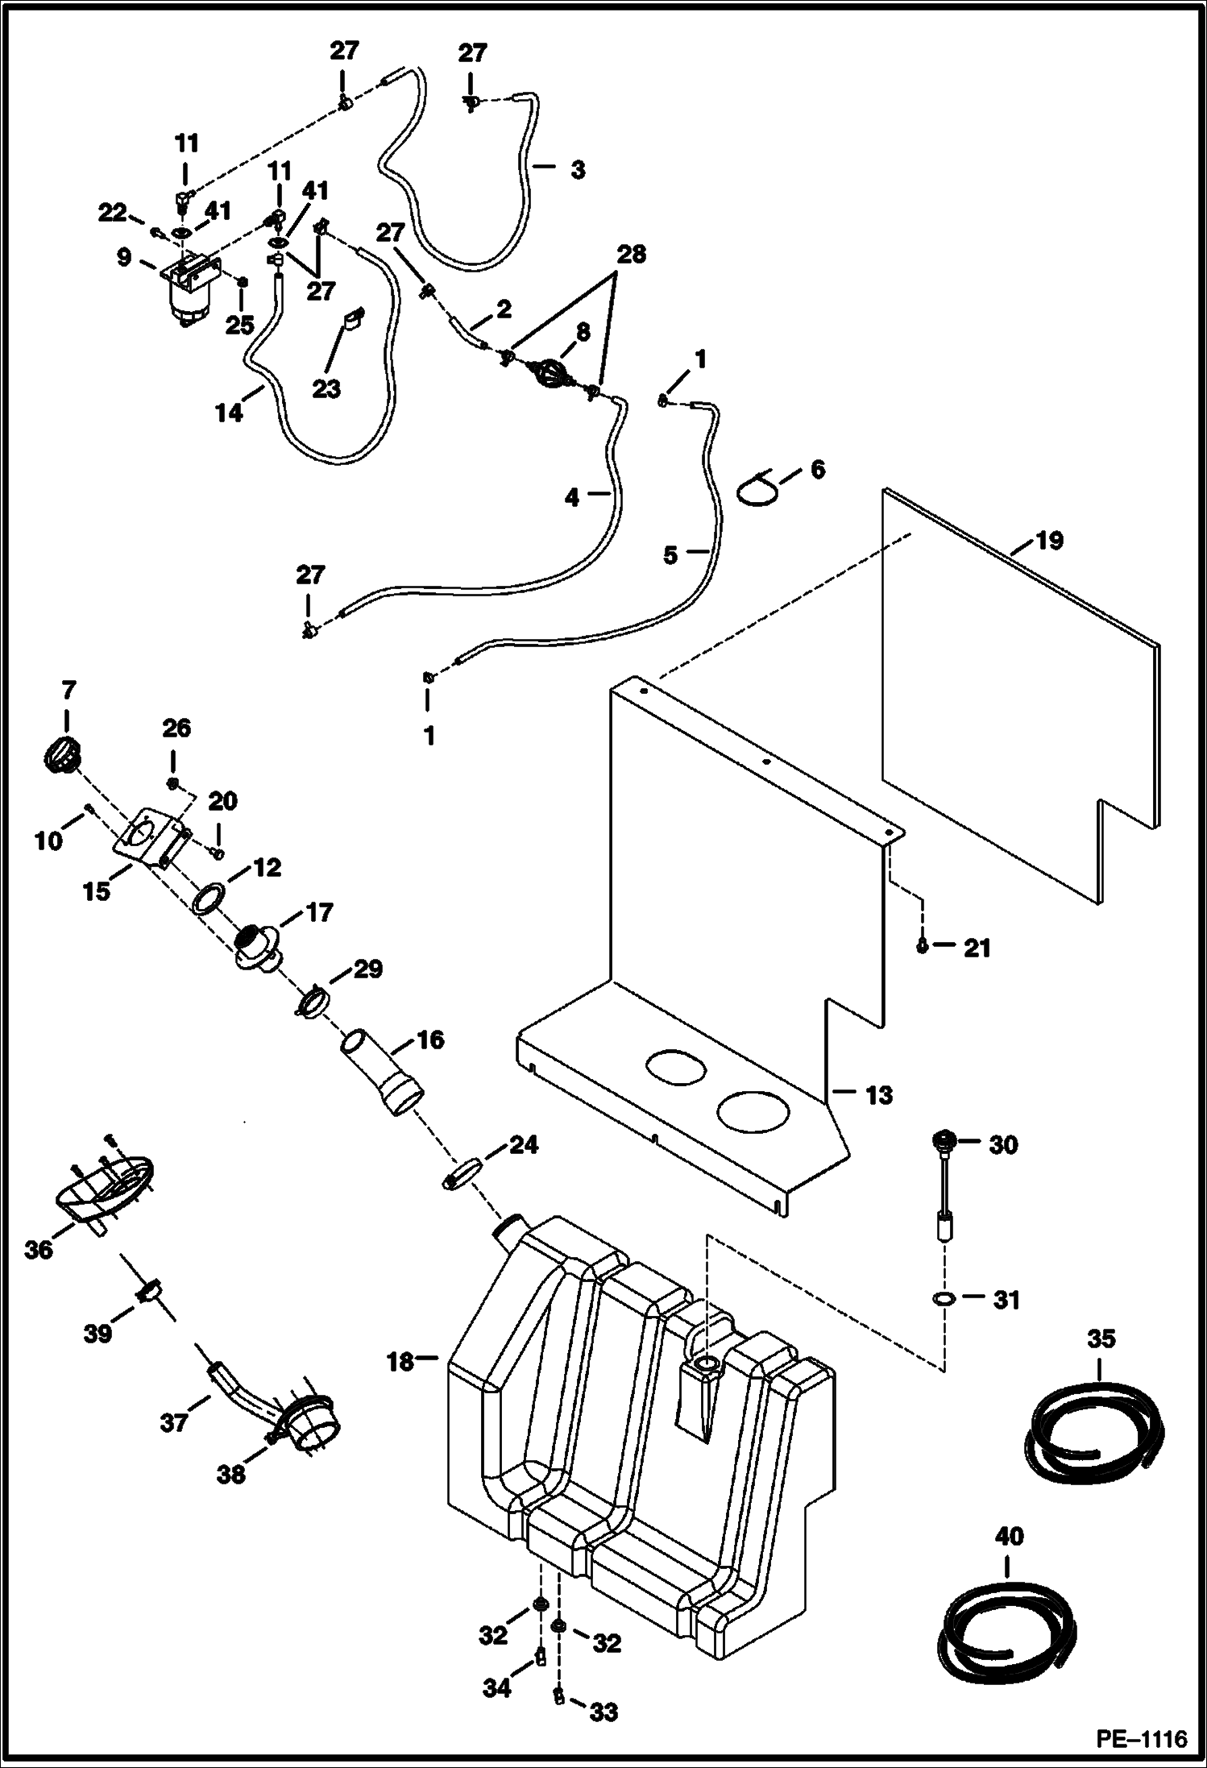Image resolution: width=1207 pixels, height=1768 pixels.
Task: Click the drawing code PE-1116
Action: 1142,1740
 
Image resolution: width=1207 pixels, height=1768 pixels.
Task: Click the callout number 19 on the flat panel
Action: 1049,541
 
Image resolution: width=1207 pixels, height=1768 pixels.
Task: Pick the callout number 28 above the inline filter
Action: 631,255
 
